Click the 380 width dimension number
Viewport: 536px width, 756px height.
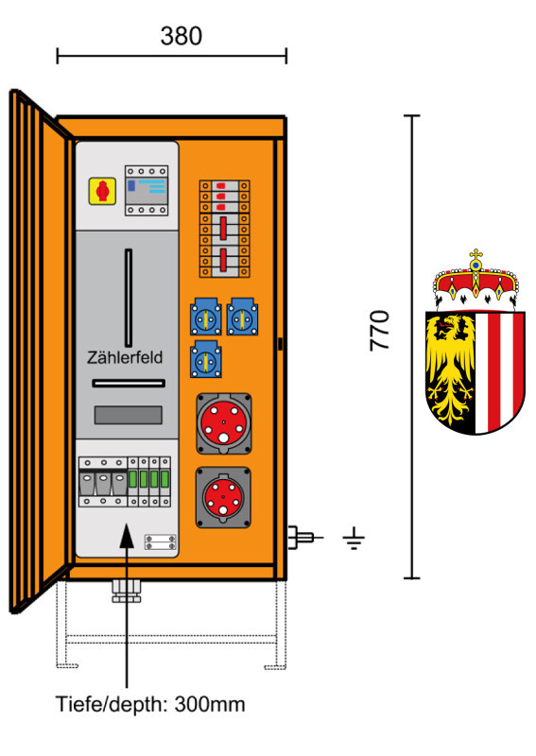tap(181, 36)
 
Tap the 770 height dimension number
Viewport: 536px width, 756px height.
tap(380, 331)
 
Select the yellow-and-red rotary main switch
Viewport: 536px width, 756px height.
tap(102, 191)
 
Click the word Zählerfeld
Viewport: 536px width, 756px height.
tap(125, 357)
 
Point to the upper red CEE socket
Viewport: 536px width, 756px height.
tap(224, 423)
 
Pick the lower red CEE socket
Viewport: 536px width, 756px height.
tap(223, 497)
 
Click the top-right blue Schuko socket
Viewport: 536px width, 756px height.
tap(242, 317)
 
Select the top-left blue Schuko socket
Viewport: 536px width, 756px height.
tap(206, 317)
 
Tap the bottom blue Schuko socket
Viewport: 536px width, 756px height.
tap(206, 359)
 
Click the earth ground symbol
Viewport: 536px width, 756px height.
tap(354, 538)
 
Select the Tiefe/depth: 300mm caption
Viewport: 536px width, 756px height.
tap(150, 704)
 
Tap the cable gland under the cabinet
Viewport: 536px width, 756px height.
tap(127, 592)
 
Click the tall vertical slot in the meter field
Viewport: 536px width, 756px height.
tap(129, 298)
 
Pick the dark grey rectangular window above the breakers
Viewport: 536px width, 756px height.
tap(128, 415)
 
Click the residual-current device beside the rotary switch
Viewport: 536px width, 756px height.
tap(147, 191)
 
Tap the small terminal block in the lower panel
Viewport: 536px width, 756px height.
tap(160, 541)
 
